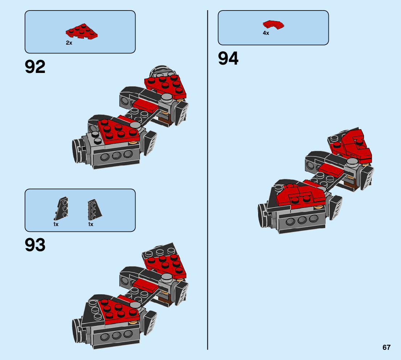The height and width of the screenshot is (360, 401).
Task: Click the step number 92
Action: click(35, 67)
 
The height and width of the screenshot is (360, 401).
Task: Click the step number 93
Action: click(35, 245)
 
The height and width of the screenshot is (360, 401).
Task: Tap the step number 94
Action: click(228, 59)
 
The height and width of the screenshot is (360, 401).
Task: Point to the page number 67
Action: click(386, 347)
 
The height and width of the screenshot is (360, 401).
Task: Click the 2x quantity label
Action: click(69, 43)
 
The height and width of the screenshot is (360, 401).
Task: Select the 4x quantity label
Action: click(266, 33)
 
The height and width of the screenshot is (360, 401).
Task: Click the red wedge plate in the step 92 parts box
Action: click(82, 32)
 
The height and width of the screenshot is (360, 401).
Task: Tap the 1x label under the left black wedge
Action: click(56, 224)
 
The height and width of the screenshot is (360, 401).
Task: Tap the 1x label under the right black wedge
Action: click(91, 224)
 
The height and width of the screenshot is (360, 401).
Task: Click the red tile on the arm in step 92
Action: click(146, 106)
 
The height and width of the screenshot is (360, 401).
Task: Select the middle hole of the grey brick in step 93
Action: click(116, 334)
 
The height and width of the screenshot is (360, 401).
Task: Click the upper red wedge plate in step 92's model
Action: click(166, 85)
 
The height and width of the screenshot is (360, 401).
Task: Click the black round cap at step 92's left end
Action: click(77, 151)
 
